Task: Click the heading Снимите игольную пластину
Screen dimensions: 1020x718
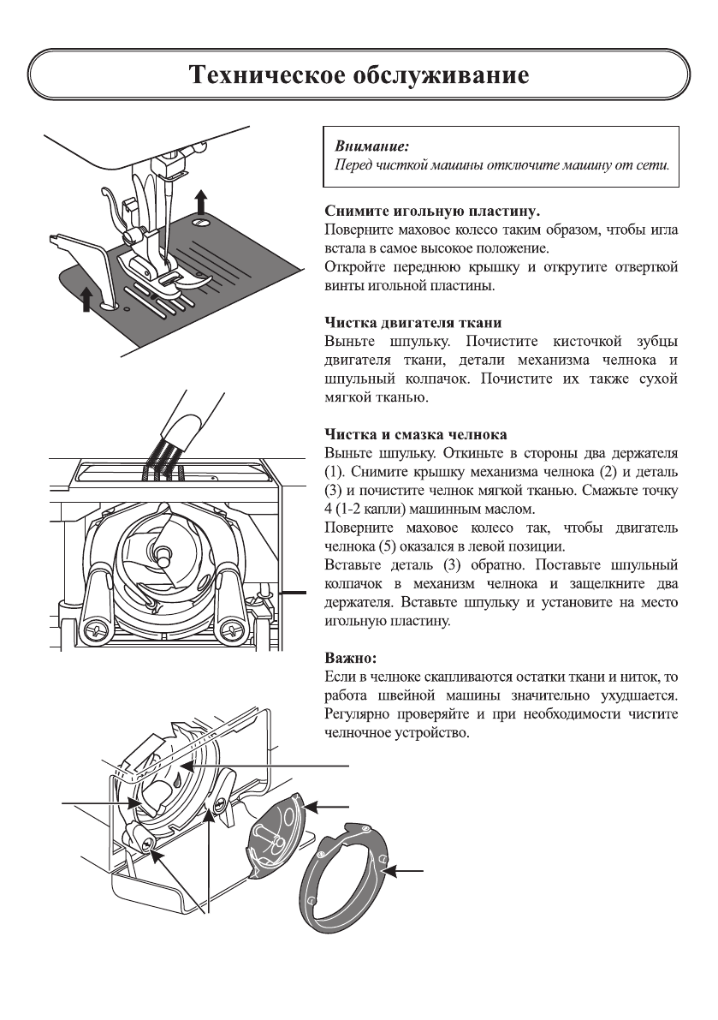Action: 432,210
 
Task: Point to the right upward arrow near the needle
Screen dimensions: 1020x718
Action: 200,202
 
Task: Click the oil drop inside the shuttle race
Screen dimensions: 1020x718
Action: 175,781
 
